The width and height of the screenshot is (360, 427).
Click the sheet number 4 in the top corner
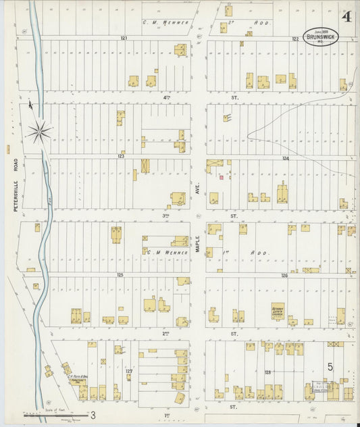(346, 17)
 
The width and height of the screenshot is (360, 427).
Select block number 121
(124, 38)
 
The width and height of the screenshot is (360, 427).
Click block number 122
(295, 39)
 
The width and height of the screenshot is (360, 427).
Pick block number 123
(121, 156)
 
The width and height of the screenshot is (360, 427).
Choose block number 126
(284, 276)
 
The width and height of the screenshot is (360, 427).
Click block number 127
(128, 371)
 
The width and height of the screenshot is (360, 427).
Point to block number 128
(268, 372)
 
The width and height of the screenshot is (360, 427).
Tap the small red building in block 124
(220, 178)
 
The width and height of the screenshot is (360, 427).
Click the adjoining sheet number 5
(330, 366)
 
